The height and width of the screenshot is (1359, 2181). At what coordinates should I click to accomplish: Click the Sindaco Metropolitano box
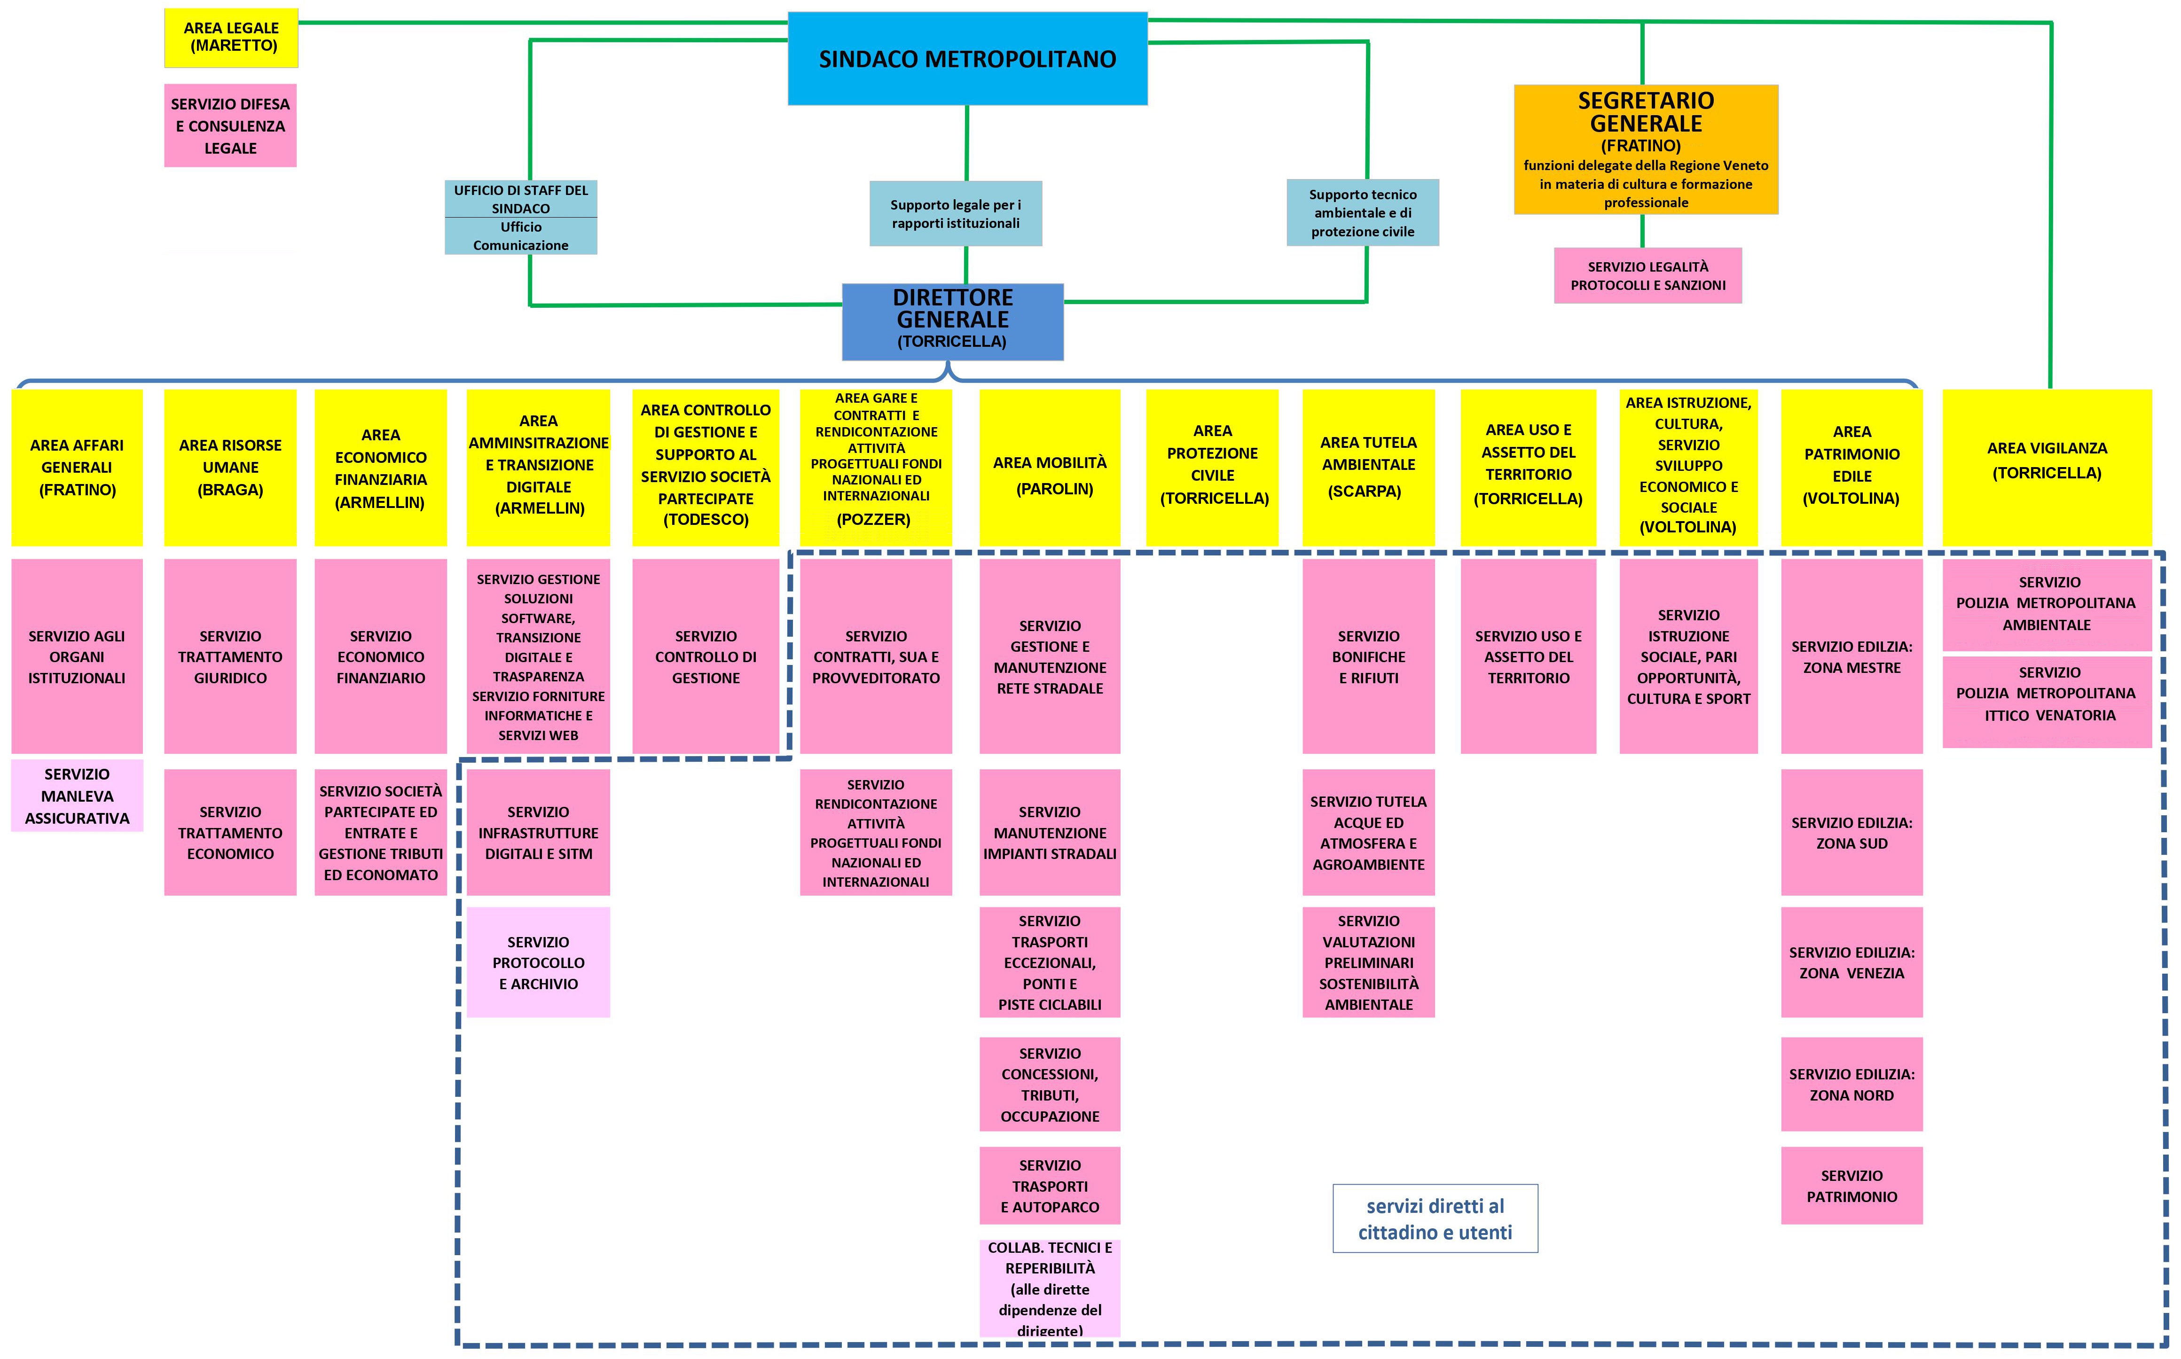[967, 59]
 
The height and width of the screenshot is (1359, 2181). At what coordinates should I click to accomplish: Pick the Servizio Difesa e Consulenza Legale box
[230, 126]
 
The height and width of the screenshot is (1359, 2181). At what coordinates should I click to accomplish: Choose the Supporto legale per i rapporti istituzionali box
[956, 214]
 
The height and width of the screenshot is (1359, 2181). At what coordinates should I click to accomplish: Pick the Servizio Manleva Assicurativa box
[77, 796]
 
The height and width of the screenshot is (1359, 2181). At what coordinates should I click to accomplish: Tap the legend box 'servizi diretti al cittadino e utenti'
[1435, 1219]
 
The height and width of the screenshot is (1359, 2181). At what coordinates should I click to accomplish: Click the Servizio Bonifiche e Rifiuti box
[1368, 656]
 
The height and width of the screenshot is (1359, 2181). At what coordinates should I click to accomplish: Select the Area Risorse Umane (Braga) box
[230, 468]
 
